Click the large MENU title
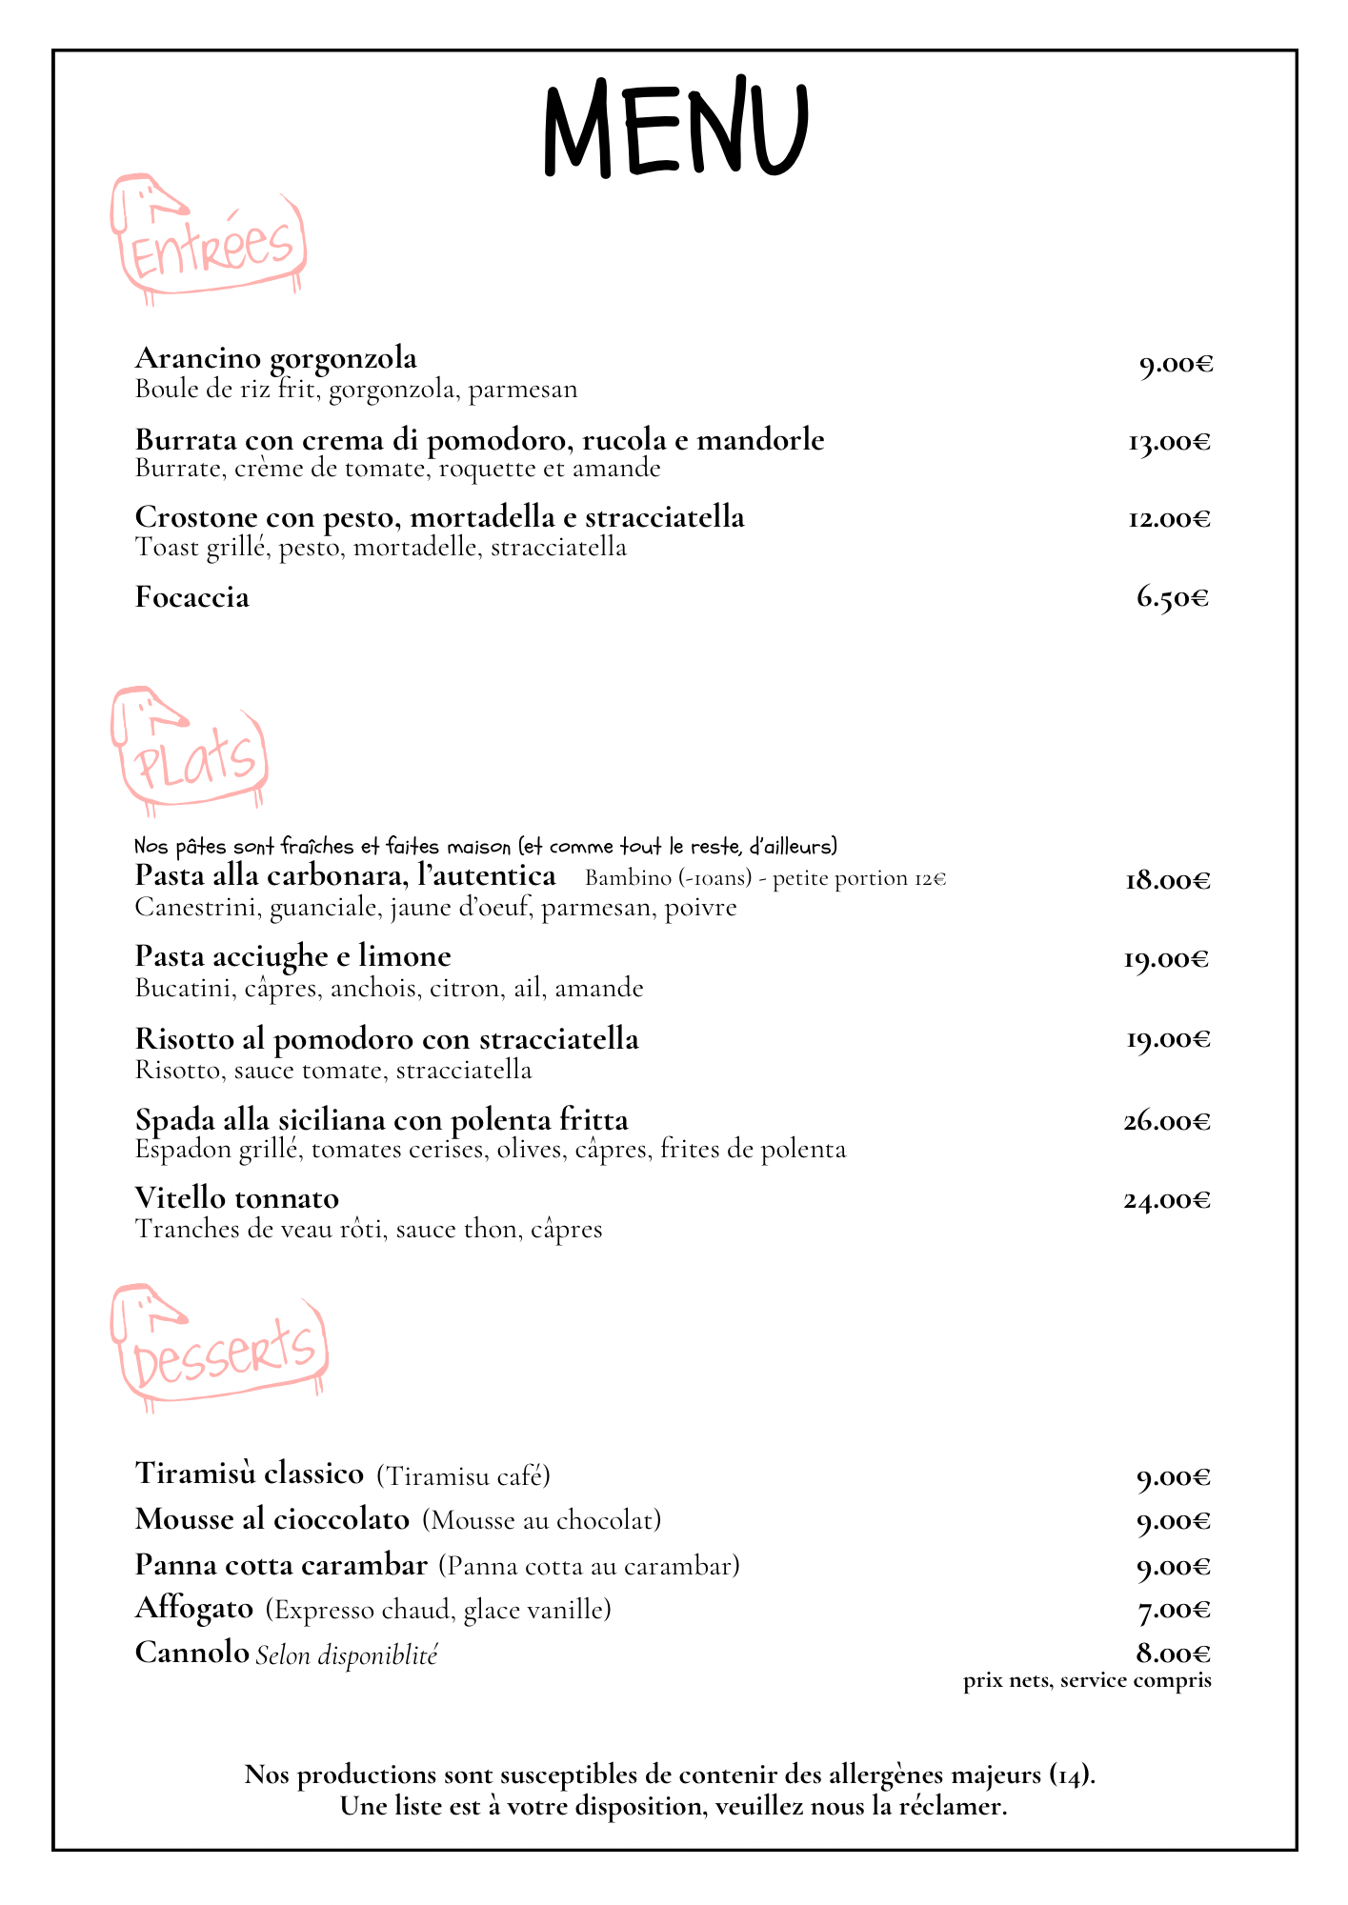(x=674, y=129)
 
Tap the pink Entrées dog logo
(x=210, y=238)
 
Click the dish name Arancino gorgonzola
(x=276, y=358)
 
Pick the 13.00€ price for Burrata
(x=1169, y=442)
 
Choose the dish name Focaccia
(x=192, y=597)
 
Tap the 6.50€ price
(x=1173, y=598)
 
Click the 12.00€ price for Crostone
(x=1169, y=519)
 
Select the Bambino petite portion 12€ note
(x=765, y=878)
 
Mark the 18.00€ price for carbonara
(x=1168, y=880)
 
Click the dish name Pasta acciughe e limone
(x=293, y=955)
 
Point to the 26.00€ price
(x=1167, y=1121)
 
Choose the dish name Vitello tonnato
(x=237, y=1197)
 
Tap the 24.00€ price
(x=1167, y=1200)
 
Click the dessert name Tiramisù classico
(x=250, y=1473)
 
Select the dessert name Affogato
(x=194, y=1608)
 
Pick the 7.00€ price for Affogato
(x=1174, y=1610)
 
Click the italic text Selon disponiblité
(x=347, y=1655)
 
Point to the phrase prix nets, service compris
(x=1087, y=1680)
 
